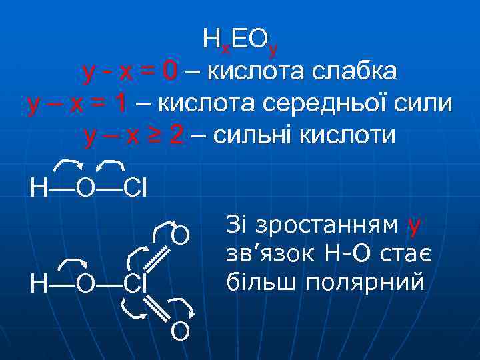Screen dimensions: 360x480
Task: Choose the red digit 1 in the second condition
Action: [x=120, y=103]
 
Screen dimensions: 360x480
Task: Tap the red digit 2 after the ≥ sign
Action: [x=176, y=136]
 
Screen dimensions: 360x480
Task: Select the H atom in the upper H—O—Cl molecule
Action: [x=39, y=187]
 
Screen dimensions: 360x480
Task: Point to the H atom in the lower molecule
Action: [x=39, y=283]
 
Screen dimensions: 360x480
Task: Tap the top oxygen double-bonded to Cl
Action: [x=181, y=236]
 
